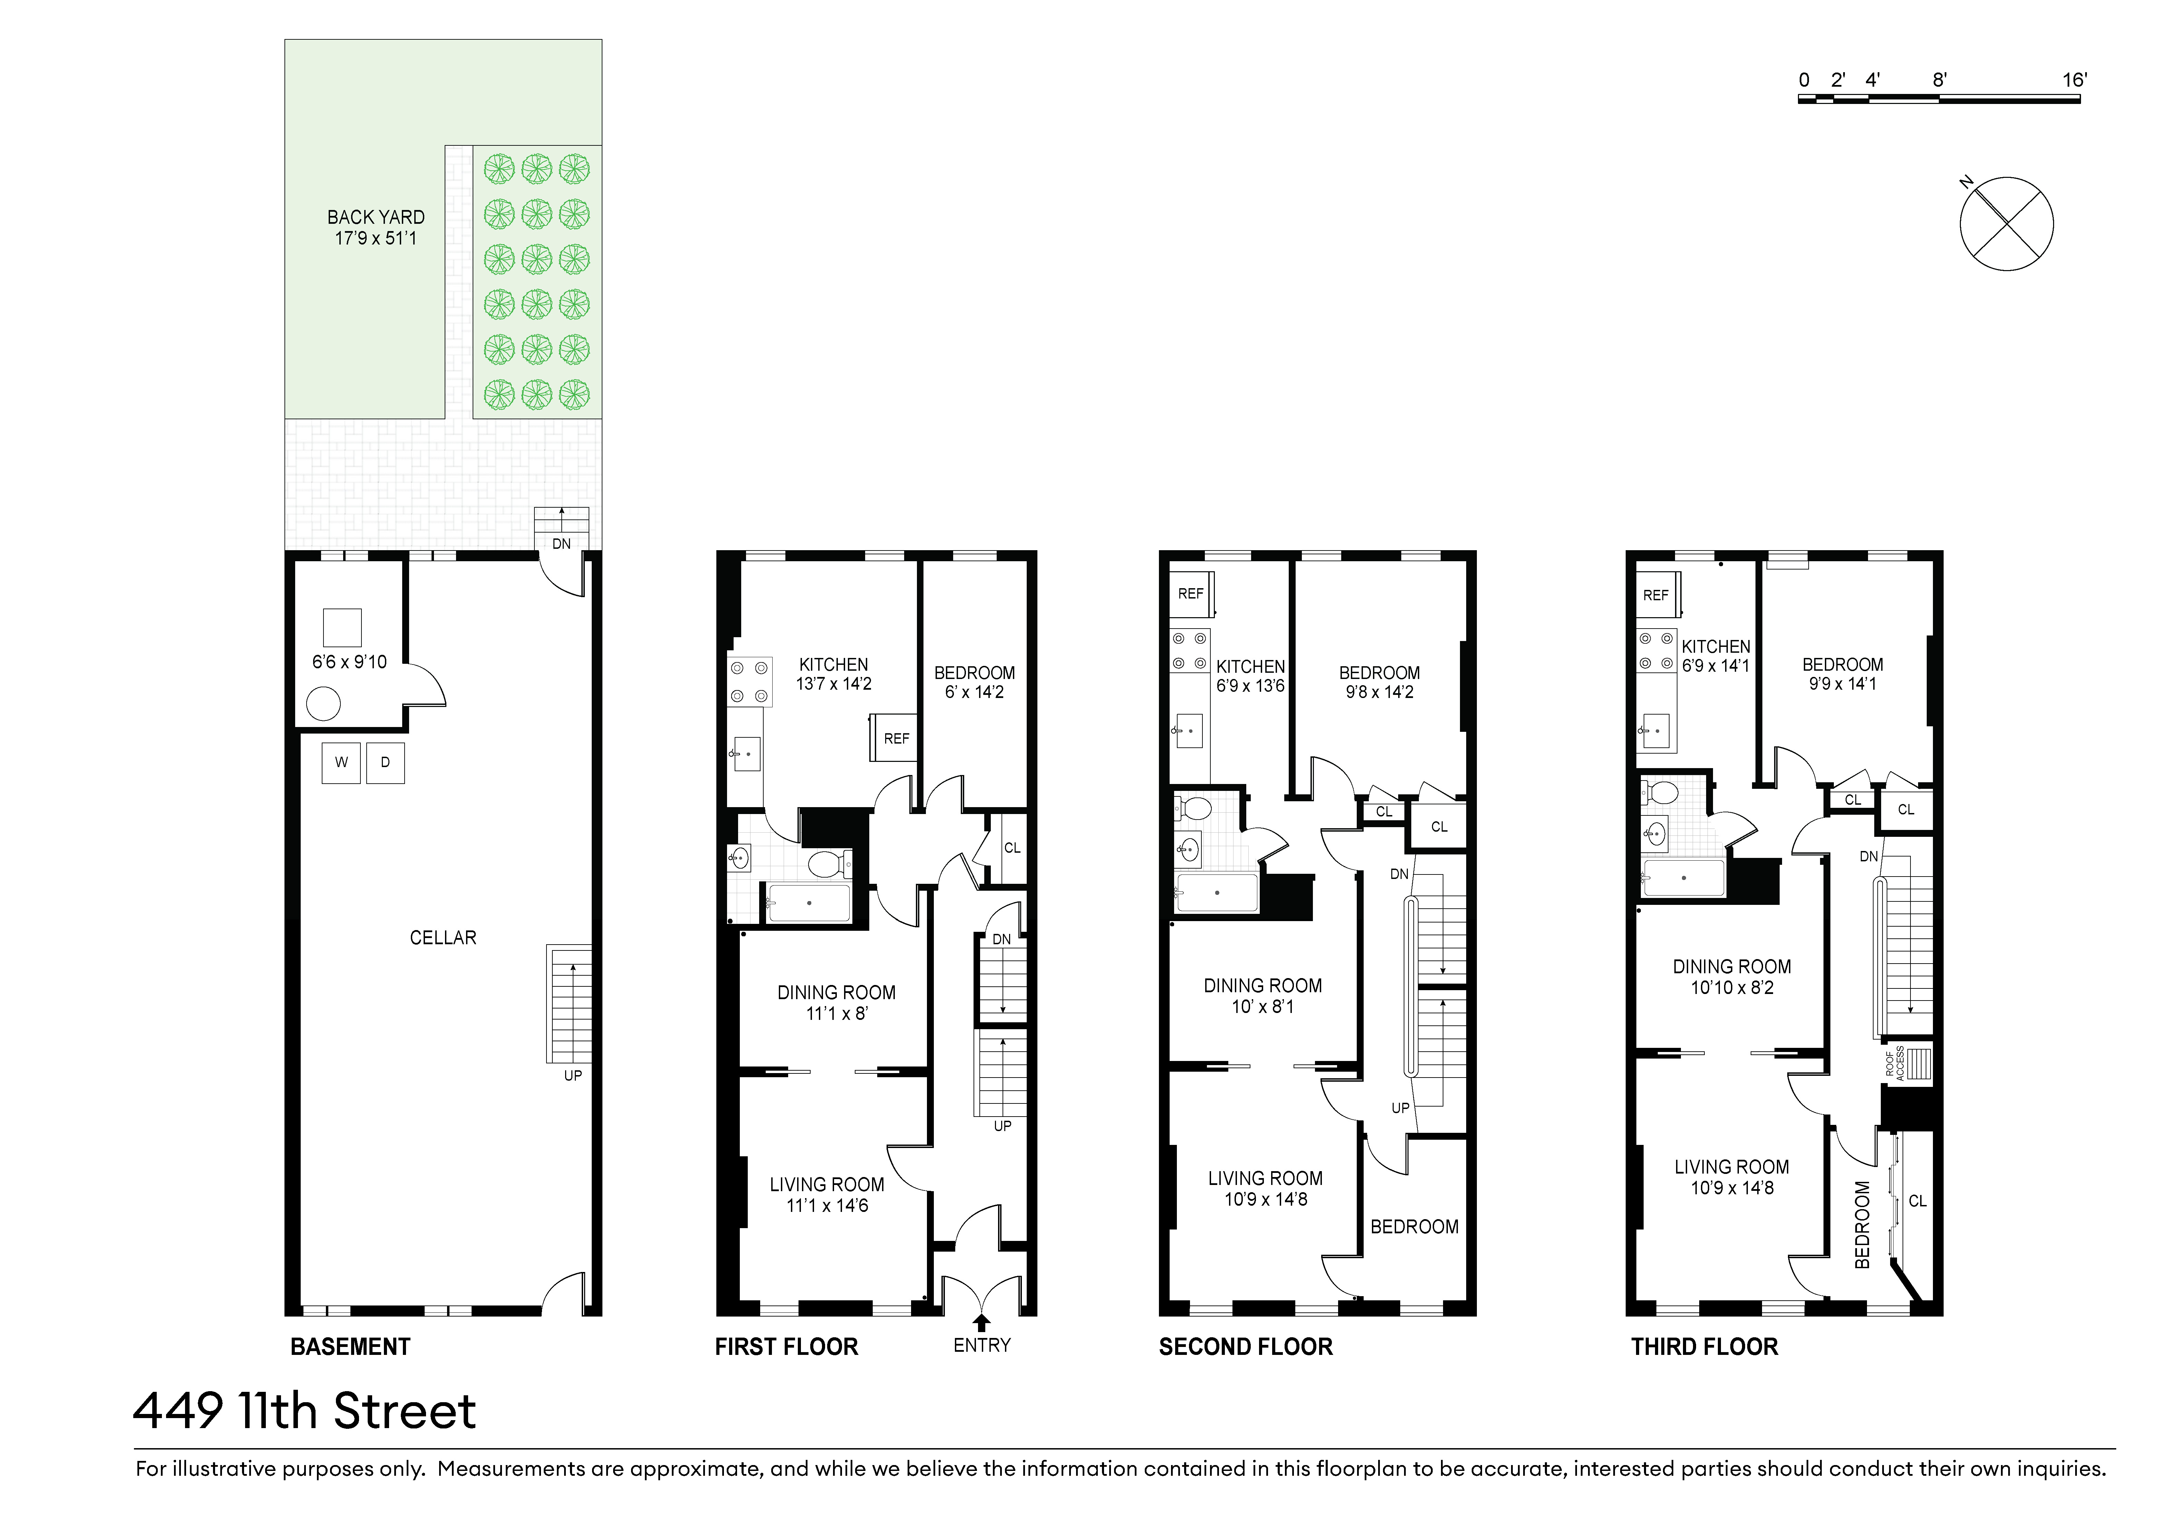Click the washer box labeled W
tap(341, 763)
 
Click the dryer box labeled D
tap(385, 763)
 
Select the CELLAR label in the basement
tap(443, 938)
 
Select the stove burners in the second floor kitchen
tap(1189, 651)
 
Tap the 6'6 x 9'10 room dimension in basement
tap(350, 662)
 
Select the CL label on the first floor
tap(1012, 848)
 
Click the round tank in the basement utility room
tap(323, 705)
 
